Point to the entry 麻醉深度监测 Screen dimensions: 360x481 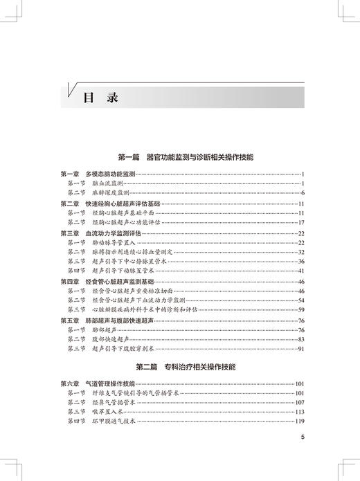tap(109, 192)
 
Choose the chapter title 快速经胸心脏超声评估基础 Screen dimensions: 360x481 tap(110, 204)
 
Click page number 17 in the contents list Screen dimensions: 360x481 tap(302, 223)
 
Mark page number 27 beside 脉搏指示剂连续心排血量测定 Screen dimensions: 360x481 tap(302, 253)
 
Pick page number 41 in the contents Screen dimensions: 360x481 tap(302, 272)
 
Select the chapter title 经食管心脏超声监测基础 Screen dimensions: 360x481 tap(109, 282)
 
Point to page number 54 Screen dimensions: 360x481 tap(302, 301)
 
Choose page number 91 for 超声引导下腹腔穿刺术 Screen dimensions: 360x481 tap(302, 350)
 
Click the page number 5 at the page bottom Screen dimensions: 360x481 tap(303, 437)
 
